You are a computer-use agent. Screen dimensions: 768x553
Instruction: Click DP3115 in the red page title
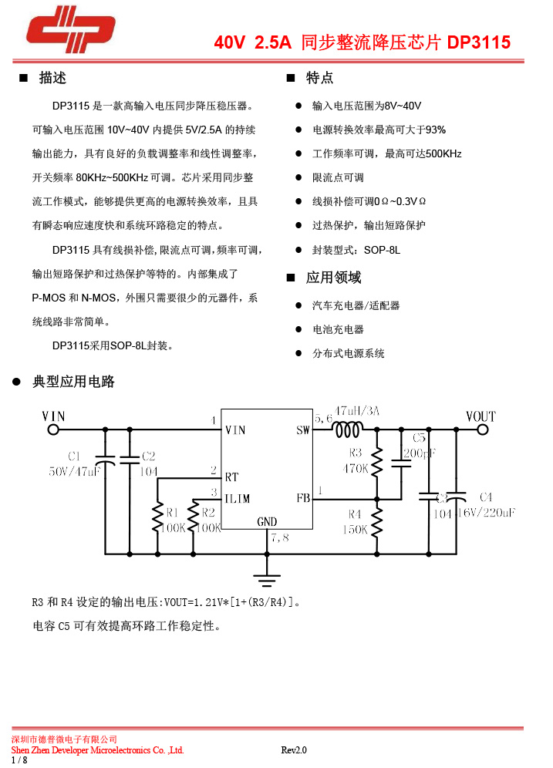tap(478, 43)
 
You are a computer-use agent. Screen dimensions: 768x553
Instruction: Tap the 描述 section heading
tap(52, 78)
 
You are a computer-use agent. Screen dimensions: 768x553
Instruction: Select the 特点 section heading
tap(319, 78)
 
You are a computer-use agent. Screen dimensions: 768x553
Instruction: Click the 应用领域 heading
tap(333, 278)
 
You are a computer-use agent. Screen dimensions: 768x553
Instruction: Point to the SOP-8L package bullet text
tap(356, 250)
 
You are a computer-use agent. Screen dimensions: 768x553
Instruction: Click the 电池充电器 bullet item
tap(338, 329)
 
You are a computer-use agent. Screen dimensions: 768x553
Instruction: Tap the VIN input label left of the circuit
tap(53, 416)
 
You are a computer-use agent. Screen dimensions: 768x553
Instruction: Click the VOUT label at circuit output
tap(481, 416)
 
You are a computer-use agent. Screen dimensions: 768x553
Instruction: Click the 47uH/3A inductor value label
tap(358, 412)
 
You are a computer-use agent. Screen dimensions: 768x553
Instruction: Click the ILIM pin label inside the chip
tap(238, 498)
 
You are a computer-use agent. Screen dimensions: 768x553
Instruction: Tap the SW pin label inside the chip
tap(302, 430)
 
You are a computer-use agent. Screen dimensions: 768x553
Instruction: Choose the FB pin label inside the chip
tap(302, 498)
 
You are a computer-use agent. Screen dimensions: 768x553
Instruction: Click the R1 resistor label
tap(172, 512)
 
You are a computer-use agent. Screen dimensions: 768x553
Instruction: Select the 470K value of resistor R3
tap(356, 467)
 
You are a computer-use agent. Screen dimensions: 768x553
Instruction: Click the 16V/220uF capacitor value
tap(486, 512)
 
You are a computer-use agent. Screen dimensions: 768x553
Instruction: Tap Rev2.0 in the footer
tap(294, 749)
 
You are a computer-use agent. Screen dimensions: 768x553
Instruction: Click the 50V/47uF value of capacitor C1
tap(75, 470)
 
